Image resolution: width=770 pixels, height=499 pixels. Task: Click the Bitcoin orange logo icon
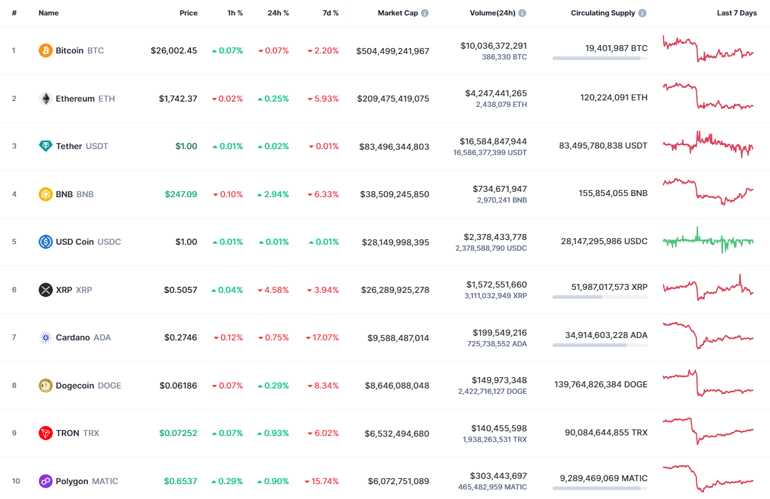46,50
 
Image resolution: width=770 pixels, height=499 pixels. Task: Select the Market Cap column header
397,13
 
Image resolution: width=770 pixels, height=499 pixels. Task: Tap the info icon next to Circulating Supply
642,13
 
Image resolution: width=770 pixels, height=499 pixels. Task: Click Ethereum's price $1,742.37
178,99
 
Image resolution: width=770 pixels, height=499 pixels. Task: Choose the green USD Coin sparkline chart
708,241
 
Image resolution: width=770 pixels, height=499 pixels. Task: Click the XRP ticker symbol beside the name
84,290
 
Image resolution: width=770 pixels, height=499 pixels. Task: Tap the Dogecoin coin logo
46,386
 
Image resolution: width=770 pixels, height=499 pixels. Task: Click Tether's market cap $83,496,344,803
394,146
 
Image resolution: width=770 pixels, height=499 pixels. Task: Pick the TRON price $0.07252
178,433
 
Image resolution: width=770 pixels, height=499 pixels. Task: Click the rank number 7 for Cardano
14,337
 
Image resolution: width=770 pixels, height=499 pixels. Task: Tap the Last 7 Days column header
737,13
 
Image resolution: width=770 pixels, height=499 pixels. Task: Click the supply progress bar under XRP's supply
599,296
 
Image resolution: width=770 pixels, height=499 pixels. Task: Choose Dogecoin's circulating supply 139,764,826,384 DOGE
601,384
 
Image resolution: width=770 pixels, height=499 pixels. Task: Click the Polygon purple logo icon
46,481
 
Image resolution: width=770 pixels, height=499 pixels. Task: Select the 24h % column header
278,13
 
